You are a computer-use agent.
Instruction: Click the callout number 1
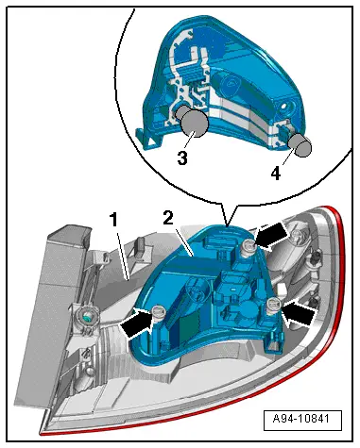(113, 219)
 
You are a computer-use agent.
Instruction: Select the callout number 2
(168, 218)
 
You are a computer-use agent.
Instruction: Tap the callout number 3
(182, 158)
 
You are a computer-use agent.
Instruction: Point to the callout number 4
(276, 174)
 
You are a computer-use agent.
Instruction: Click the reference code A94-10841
(301, 419)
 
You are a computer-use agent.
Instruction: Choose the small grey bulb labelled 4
(300, 144)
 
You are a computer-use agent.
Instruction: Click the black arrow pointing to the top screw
(271, 236)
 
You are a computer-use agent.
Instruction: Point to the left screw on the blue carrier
(159, 313)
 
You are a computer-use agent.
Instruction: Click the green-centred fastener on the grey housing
(87, 317)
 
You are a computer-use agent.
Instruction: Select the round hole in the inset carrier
(286, 106)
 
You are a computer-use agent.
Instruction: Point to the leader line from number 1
(123, 256)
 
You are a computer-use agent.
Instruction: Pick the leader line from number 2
(184, 243)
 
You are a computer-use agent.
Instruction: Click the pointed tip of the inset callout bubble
(227, 224)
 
